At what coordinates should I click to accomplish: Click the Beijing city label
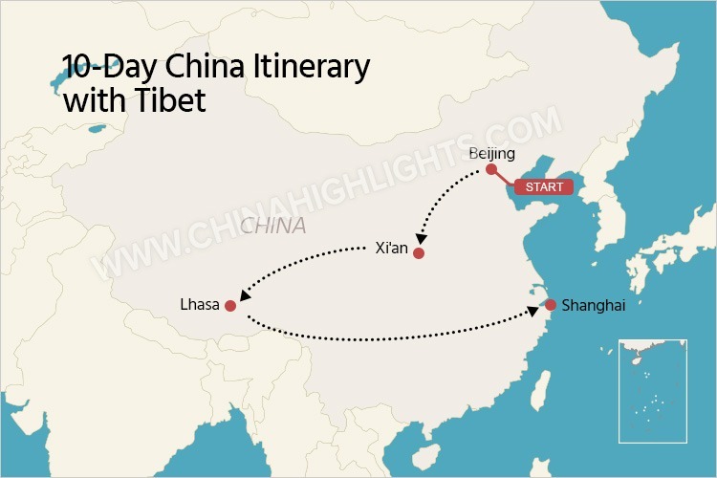click(x=493, y=154)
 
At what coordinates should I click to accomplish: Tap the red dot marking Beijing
click(x=491, y=169)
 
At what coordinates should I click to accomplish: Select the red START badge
click(x=544, y=186)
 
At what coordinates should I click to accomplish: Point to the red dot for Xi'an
click(x=418, y=253)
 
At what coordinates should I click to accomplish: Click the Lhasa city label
click(x=199, y=305)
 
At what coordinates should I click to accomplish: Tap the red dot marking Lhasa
click(x=229, y=306)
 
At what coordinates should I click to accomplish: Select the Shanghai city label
click(x=594, y=306)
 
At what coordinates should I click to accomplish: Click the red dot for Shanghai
click(x=551, y=305)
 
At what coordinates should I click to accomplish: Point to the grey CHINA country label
click(x=273, y=227)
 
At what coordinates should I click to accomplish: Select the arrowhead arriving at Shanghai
click(x=532, y=311)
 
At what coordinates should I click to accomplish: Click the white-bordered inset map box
click(x=653, y=390)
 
